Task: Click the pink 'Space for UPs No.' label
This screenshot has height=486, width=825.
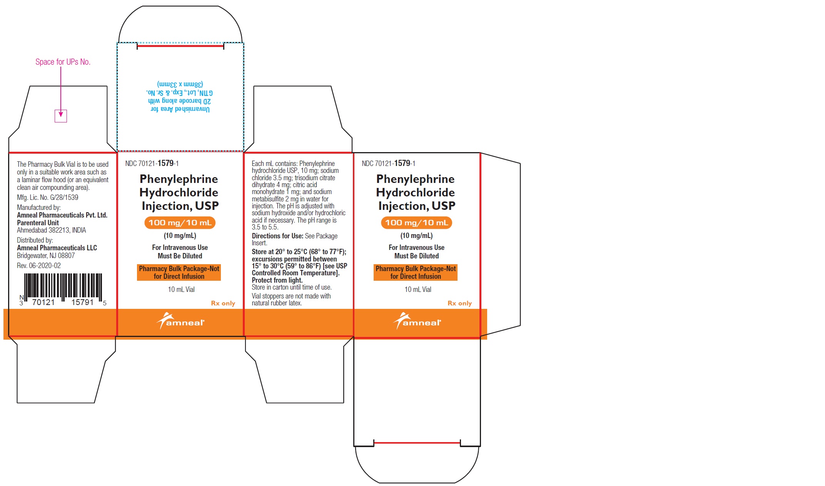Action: [x=63, y=62]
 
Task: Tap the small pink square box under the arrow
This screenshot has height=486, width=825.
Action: [x=61, y=116]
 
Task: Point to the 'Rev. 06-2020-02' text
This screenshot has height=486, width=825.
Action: [x=39, y=266]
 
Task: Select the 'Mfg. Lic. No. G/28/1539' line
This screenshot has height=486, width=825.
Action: [x=47, y=198]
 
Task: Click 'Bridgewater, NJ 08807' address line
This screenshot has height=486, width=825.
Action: [x=46, y=256]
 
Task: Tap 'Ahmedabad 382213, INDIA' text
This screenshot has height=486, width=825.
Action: [x=52, y=230]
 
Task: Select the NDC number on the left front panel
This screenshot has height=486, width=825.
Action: [x=152, y=163]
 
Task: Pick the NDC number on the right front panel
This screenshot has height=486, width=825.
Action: [x=389, y=163]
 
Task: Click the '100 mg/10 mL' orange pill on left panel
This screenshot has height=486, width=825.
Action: [x=180, y=223]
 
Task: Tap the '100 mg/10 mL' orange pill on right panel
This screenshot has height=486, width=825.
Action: [x=417, y=223]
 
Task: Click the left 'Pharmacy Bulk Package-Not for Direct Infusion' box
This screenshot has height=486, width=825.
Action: [x=179, y=273]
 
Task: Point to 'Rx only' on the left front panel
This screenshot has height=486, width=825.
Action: [x=223, y=303]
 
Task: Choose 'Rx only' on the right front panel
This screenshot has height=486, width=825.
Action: [x=460, y=303]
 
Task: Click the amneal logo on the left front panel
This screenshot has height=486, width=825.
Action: [x=180, y=321]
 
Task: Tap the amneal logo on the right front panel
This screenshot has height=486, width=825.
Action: [x=417, y=321]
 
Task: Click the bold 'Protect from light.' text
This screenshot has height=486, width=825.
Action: [x=277, y=280]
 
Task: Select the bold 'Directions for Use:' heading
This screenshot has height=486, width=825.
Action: [x=277, y=236]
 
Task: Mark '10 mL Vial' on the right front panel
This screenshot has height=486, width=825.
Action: [x=418, y=290]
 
